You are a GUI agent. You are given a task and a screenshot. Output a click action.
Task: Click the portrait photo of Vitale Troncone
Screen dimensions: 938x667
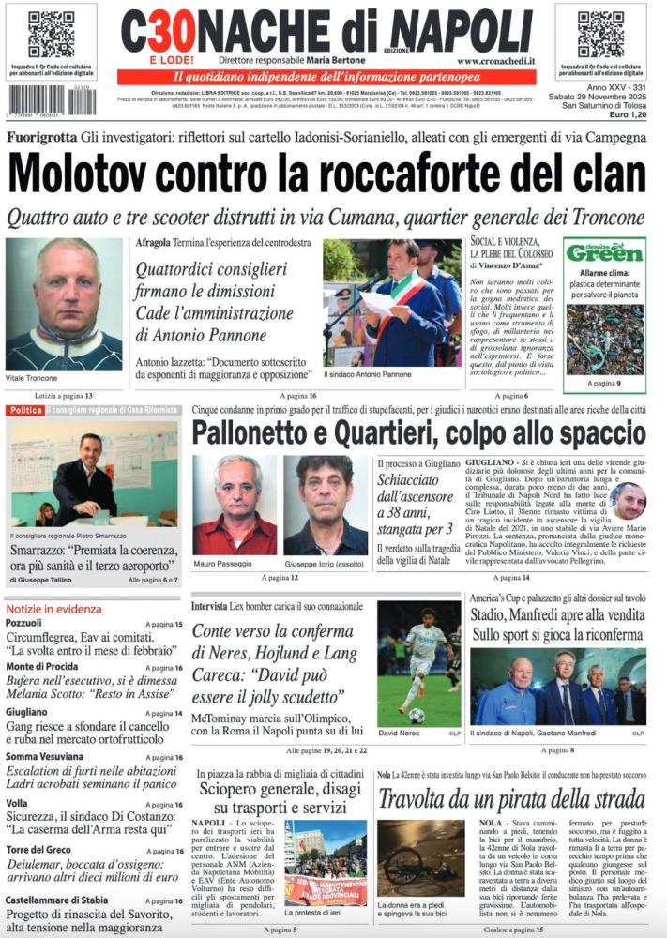click(63, 303)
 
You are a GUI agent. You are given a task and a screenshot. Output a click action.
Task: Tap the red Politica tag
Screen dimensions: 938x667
click(26, 411)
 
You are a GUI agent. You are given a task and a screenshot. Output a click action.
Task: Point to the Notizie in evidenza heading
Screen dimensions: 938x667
click(53, 609)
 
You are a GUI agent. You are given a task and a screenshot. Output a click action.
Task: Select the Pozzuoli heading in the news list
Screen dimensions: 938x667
click(23, 623)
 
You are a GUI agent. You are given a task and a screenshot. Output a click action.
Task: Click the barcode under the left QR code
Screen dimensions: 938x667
click(49, 100)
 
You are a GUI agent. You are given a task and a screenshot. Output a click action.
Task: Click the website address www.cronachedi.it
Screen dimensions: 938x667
click(496, 61)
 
